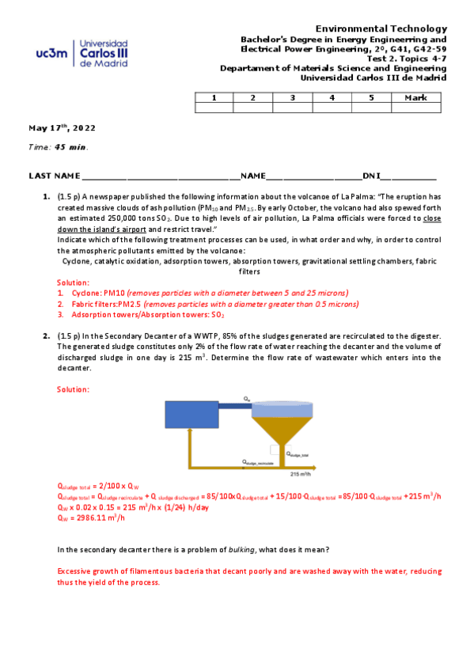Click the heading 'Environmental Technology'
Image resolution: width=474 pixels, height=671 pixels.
pos(381,28)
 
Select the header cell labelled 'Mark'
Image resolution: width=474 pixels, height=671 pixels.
pos(415,97)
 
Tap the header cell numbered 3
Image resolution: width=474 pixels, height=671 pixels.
pos(293,97)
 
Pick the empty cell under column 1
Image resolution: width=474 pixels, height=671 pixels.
pos(214,108)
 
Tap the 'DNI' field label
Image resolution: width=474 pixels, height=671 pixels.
pos(371,176)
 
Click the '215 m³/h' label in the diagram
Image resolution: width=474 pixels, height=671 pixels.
pos(300,475)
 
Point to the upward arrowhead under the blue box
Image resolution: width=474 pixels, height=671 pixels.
pos(189,433)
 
